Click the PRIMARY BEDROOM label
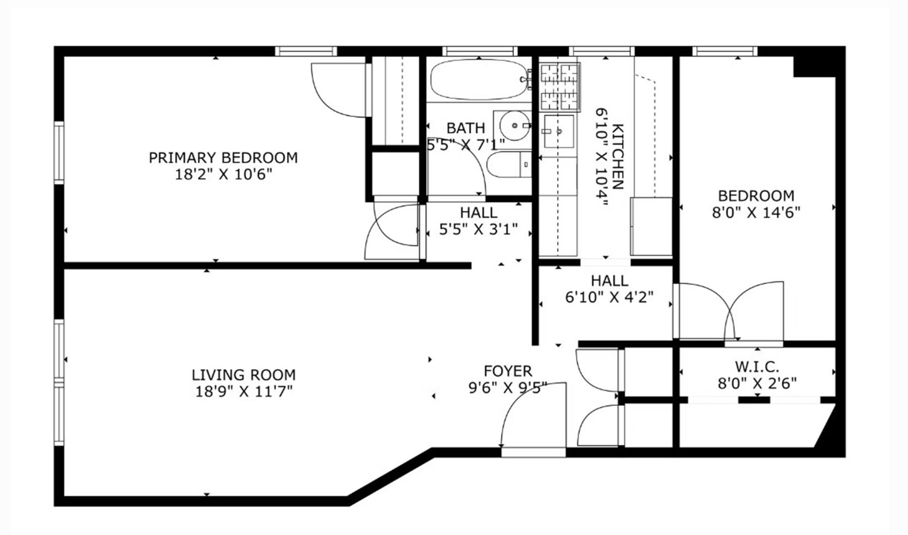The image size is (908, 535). pos(223,157)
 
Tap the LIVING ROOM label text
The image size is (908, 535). pos(244,375)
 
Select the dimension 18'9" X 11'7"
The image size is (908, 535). pos(244,391)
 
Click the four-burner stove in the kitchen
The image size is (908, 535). pos(559,87)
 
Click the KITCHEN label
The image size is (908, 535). pos(618,156)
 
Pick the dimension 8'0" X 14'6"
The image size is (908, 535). pos(756,213)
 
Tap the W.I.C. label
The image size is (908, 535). pos(757,366)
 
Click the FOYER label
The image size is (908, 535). pos(507,371)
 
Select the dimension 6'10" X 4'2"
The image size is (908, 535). pos(609,297)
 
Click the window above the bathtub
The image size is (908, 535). pos(480,51)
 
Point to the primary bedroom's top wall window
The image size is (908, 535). pos(306,51)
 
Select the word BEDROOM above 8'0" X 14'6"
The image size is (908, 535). pos(756,196)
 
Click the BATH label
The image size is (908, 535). pos(465,128)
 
